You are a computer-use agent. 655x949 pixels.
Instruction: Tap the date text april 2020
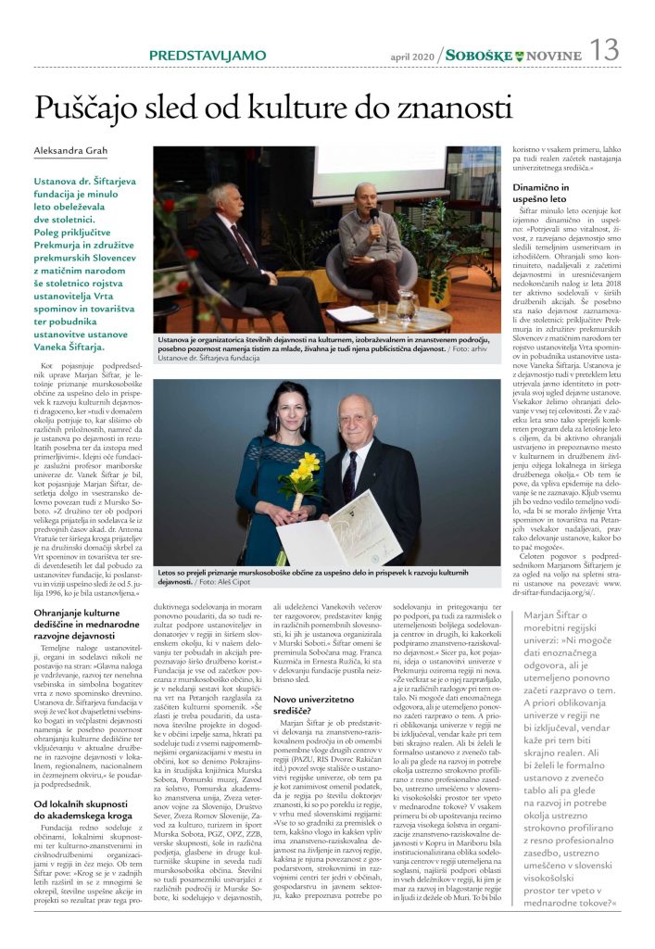pos(413,57)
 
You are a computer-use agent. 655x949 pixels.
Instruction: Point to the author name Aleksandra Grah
pos(71,151)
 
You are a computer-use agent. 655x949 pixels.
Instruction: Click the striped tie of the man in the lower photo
pos(349,473)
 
